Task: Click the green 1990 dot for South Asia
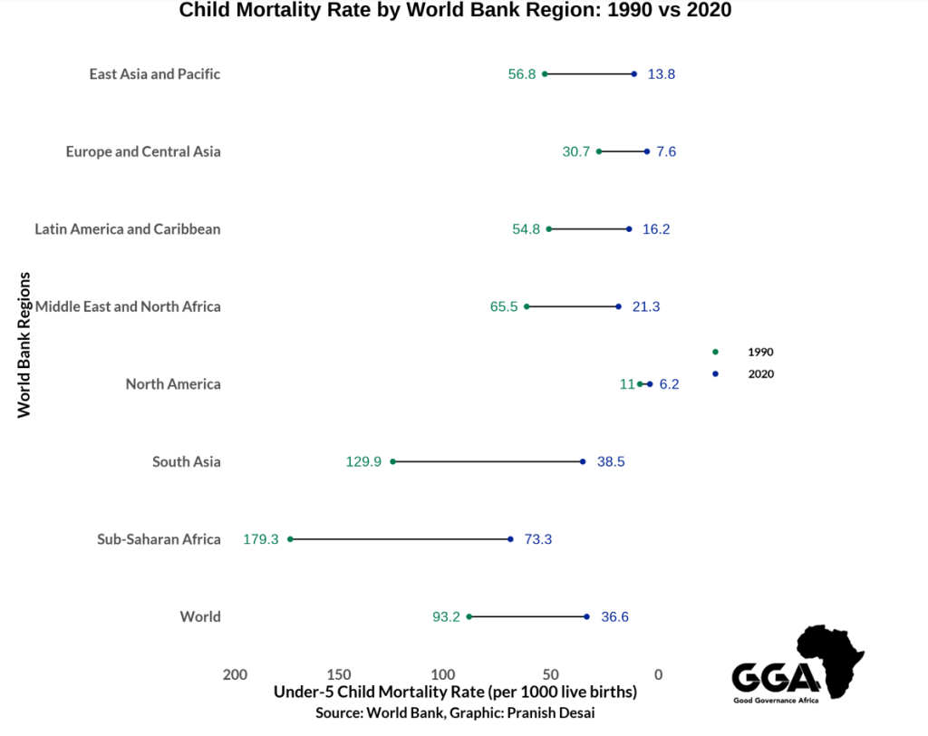(x=392, y=461)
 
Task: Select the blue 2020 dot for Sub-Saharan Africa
(x=510, y=539)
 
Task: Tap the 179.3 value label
(x=261, y=539)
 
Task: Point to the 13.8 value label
(x=661, y=74)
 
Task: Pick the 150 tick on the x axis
(x=339, y=674)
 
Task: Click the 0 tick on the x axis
(x=659, y=674)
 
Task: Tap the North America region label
(x=173, y=384)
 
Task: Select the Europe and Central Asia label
(x=143, y=151)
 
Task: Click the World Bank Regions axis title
(x=24, y=344)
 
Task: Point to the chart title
(x=455, y=11)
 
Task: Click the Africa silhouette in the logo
(x=830, y=657)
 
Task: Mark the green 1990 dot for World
(x=469, y=616)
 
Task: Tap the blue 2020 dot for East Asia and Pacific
(x=633, y=74)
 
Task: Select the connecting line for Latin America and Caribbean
(x=589, y=229)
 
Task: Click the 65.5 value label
(x=504, y=306)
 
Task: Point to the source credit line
(x=455, y=713)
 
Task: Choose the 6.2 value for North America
(x=669, y=384)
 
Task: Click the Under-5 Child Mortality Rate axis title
(x=455, y=692)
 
